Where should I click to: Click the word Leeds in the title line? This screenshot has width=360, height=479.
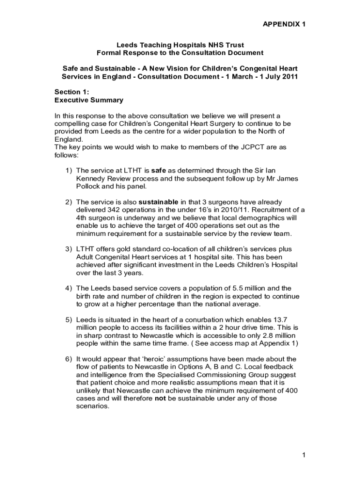(x=126, y=45)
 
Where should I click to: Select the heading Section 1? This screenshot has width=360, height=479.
(x=72, y=92)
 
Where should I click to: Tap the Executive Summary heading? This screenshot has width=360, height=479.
(x=89, y=100)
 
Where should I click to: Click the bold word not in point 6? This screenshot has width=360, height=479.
(x=160, y=398)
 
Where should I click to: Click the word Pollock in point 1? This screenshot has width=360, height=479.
(x=88, y=186)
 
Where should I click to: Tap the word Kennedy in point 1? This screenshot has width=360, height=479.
(x=91, y=178)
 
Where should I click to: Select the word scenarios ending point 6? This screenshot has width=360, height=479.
(x=92, y=406)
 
